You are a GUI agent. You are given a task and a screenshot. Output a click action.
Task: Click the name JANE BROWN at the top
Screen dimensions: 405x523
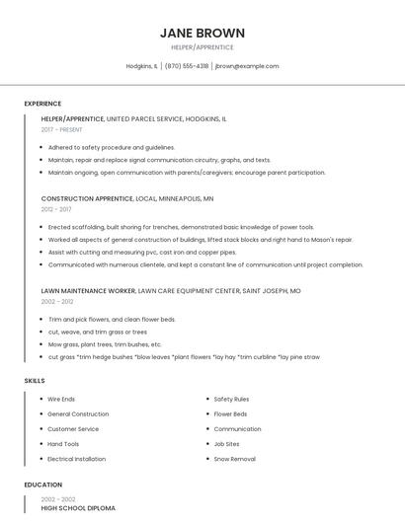tap(202, 33)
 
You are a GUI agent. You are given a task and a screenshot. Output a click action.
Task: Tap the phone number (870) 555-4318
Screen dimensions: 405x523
tap(187, 66)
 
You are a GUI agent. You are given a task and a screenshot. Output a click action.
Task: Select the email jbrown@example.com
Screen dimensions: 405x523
tap(247, 66)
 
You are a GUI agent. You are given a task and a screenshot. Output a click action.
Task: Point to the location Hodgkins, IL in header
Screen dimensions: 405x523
tap(141, 66)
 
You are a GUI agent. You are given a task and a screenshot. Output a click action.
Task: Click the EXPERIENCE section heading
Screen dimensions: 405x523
tap(42, 104)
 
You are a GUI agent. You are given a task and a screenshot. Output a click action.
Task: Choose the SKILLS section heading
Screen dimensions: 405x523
tap(35, 380)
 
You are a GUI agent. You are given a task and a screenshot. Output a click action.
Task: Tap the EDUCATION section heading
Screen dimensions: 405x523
tap(42, 485)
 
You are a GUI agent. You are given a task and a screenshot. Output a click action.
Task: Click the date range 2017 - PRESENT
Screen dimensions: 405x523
tap(62, 129)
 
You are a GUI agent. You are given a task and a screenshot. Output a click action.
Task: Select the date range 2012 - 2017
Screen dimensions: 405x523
tap(56, 209)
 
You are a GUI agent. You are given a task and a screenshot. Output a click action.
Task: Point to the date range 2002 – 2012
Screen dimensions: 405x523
tap(56, 302)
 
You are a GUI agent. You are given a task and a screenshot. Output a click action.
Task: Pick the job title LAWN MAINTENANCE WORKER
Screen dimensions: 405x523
tap(88, 291)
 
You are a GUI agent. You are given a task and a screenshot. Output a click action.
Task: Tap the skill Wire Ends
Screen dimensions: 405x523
tap(61, 399)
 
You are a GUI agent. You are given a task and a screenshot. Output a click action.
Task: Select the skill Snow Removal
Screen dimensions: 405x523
tap(234, 459)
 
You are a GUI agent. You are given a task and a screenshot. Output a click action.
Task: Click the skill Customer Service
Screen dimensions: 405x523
tap(73, 429)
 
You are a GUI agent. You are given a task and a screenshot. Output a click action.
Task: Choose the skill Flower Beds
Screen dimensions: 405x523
tap(230, 414)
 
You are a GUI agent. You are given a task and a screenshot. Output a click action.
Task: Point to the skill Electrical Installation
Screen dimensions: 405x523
tap(76, 459)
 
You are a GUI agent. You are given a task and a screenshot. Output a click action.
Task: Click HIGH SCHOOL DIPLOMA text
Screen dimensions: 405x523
tap(78, 508)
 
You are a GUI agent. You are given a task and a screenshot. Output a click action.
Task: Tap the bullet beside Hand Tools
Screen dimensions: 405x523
tap(40, 444)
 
